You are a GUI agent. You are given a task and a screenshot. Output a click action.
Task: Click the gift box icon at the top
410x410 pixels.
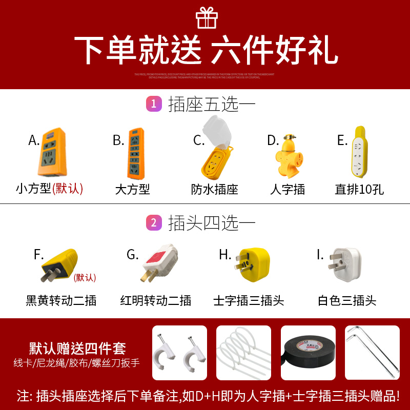click(x=207, y=18)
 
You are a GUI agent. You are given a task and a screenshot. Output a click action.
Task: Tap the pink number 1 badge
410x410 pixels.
click(x=154, y=104)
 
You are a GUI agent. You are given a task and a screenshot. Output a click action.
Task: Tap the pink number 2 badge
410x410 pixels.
click(x=154, y=222)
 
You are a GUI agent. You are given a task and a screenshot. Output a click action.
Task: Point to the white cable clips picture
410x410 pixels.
click(x=179, y=353)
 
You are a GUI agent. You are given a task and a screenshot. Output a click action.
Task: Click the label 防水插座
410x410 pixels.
click(x=215, y=190)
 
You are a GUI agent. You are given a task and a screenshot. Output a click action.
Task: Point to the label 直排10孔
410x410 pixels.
click(x=359, y=190)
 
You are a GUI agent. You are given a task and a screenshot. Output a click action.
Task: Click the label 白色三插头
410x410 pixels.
click(x=347, y=300)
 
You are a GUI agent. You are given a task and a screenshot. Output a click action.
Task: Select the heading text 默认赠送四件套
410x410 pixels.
click(x=77, y=348)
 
